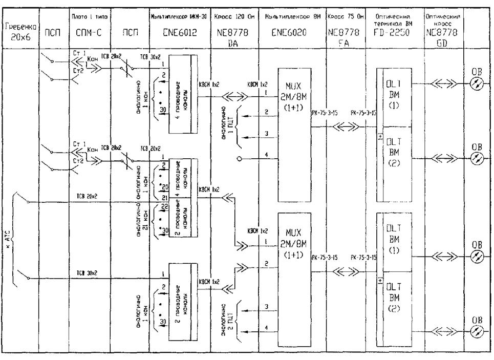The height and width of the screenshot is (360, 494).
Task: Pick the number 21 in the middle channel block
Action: coord(164,197)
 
